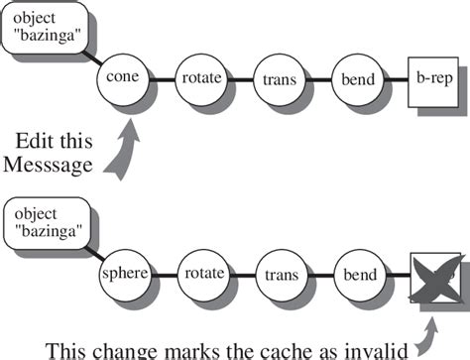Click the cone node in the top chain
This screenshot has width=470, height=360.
pos(125,77)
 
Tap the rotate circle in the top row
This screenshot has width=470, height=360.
pos(201,77)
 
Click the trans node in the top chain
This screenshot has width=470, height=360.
pos(278,77)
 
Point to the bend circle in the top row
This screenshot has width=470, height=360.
pos(355,77)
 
